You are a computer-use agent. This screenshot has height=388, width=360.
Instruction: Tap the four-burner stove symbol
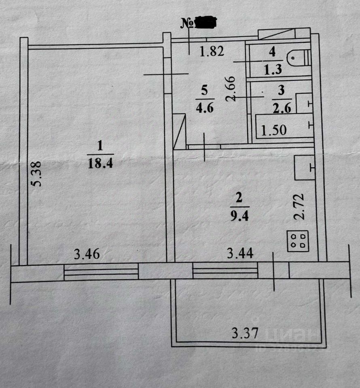[298, 240]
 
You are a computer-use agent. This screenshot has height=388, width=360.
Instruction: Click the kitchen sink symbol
[304, 167]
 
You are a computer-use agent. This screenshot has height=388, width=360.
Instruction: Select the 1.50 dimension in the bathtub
[274, 131]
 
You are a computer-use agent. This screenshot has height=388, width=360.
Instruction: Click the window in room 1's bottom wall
[101, 272]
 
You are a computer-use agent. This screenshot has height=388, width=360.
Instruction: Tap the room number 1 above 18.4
[100, 144]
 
